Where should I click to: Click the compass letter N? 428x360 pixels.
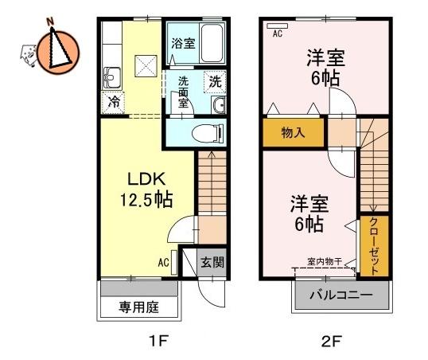point(49,22)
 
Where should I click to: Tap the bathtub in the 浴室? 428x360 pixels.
point(212,43)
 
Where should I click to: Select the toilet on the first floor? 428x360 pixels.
point(208,134)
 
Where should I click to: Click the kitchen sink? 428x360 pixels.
point(111,78)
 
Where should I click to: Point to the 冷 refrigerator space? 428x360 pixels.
point(113,103)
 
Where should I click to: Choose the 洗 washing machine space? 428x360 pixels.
point(215,81)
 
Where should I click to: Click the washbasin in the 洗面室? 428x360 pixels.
point(219,104)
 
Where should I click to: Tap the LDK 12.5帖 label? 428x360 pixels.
point(146,190)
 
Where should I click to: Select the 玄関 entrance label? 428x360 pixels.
point(212,262)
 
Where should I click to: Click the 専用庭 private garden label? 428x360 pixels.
point(138,307)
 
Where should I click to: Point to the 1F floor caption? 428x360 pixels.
point(158,341)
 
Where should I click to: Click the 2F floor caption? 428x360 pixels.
point(332,341)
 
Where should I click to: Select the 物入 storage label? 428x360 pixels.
point(293,133)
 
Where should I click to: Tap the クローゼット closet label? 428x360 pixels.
point(374,246)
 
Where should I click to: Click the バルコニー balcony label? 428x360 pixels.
point(341,295)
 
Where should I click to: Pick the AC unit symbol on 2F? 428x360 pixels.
point(278,25)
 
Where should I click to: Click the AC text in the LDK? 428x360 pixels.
point(164,262)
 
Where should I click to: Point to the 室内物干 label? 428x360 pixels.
point(325,261)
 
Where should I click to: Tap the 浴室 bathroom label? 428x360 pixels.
point(184,43)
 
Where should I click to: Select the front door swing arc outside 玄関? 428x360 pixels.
point(208,298)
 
